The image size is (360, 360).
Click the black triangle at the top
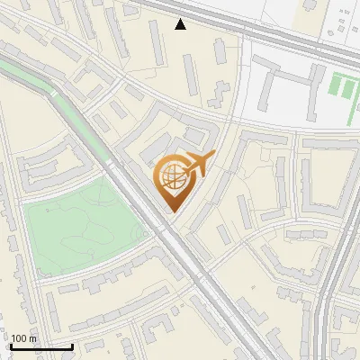181,24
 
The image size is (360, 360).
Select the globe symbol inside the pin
173,177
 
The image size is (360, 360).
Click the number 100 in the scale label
20,338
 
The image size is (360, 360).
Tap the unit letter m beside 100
33,338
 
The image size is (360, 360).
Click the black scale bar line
41,346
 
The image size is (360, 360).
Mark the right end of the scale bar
72,346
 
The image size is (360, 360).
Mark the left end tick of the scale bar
11,346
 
